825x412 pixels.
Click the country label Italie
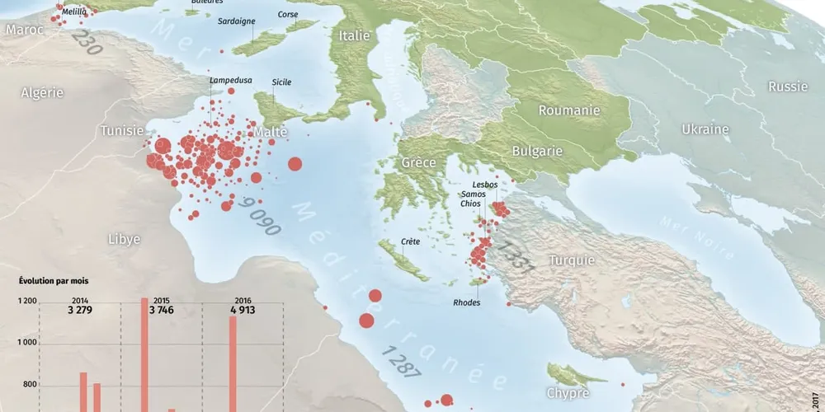(356, 35)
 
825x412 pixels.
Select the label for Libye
(124, 239)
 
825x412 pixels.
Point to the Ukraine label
(705, 129)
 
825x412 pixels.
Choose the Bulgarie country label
(537, 151)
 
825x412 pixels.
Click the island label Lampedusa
(226, 81)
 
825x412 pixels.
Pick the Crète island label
(410, 242)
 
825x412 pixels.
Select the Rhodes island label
(466, 302)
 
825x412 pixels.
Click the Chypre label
(569, 393)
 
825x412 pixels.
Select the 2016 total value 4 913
(244, 311)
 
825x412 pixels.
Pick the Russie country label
(788, 87)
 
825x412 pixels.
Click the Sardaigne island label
(236, 21)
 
